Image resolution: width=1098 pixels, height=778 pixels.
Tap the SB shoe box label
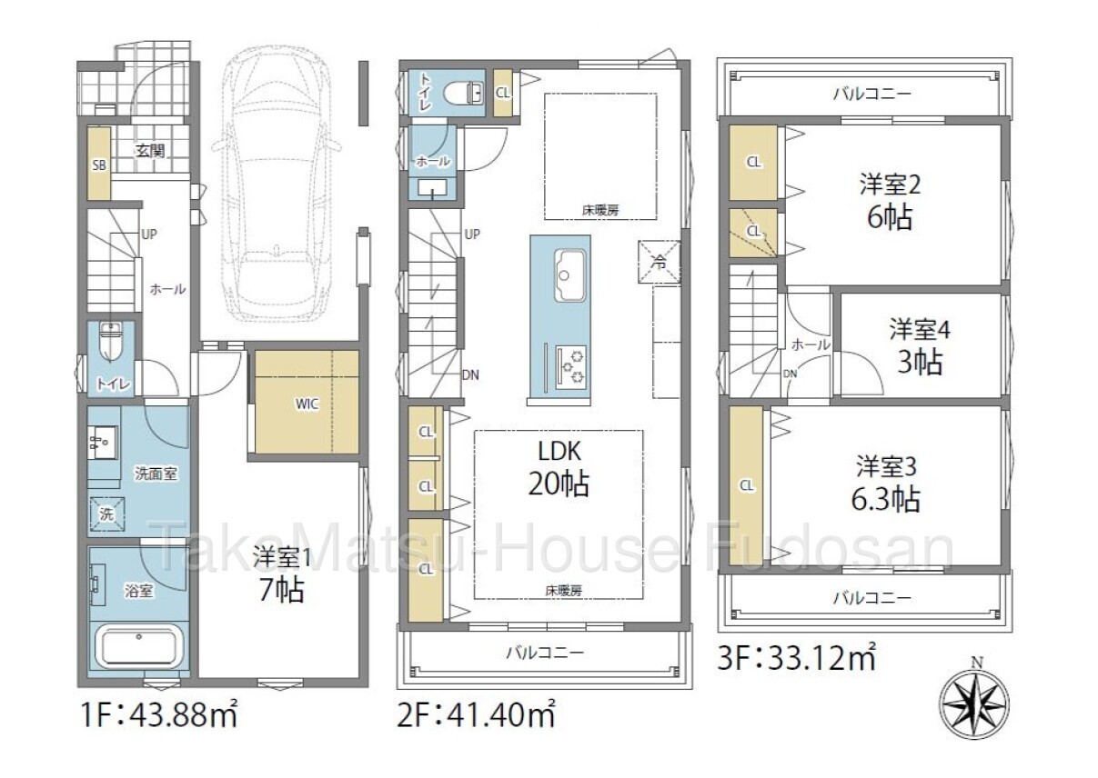click(x=99, y=165)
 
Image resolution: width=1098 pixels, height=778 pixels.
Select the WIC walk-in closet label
click(x=307, y=404)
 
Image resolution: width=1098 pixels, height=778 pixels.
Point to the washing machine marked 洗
click(x=106, y=514)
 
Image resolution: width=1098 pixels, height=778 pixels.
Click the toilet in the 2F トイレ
click(x=462, y=93)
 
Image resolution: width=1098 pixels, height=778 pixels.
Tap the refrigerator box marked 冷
click(x=659, y=262)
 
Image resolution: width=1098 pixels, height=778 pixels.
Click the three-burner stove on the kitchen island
click(x=571, y=367)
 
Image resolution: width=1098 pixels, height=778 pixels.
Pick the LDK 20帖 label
click(x=559, y=469)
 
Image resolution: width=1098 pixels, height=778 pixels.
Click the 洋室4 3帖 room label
click(x=920, y=345)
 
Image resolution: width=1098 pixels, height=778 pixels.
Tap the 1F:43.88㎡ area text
click(x=159, y=715)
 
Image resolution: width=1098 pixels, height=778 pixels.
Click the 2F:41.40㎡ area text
click(x=476, y=715)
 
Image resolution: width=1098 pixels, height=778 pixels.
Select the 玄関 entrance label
click(x=150, y=151)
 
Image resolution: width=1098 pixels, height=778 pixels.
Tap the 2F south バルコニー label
click(x=545, y=653)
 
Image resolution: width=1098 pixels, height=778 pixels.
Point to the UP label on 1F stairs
click(x=149, y=234)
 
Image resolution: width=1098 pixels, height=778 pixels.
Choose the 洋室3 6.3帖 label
click(x=886, y=483)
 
